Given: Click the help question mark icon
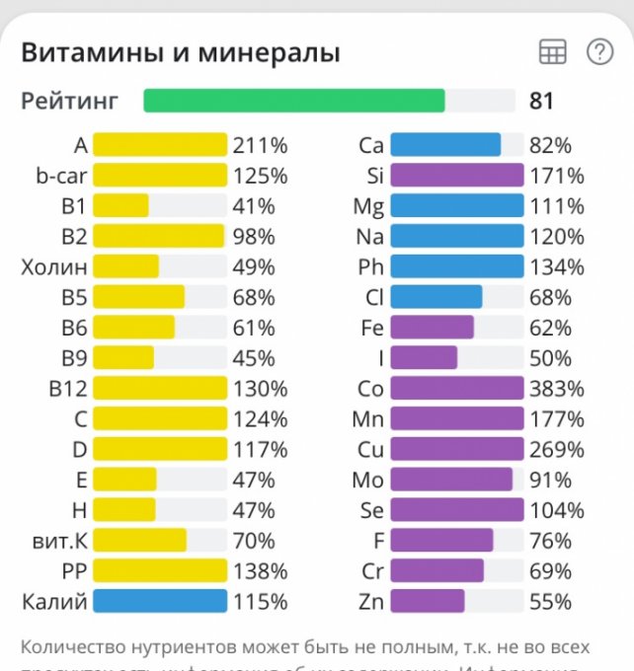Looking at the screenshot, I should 599,52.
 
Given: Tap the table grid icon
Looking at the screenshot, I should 552,52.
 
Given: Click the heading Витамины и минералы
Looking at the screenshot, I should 181,52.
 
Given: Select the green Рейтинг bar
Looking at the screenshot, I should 294,101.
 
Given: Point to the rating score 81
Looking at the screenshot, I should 541,101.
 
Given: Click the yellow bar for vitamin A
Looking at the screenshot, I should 160,146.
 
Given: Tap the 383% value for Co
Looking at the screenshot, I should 556,389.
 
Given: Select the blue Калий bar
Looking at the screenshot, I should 160,602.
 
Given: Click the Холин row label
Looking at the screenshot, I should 54,267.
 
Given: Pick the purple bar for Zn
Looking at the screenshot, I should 427,602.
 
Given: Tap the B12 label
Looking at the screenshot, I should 68,389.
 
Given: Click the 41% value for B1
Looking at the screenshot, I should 254,206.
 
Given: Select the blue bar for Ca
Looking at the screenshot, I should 445,146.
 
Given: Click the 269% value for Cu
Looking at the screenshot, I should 556,450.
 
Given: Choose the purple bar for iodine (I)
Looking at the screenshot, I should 424,358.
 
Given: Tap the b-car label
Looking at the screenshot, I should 62,177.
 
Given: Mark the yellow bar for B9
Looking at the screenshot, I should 123,358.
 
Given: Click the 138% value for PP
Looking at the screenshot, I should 260,571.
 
